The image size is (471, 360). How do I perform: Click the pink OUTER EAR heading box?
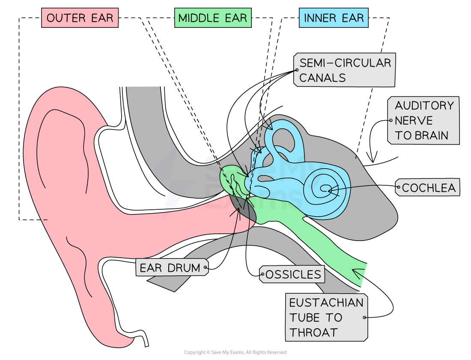pyautogui.click(x=80, y=18)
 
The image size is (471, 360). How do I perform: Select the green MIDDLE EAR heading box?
pyautogui.click(x=212, y=18)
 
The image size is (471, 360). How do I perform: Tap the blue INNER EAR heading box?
pyautogui.click(x=334, y=18)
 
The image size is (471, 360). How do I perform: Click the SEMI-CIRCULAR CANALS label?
pyautogui.click(x=344, y=70)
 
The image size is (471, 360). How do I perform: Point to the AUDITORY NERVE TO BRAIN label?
pyautogui.click(x=423, y=120)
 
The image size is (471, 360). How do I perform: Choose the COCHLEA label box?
pyautogui.click(x=428, y=187)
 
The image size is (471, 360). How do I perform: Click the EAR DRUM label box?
pyautogui.click(x=171, y=268)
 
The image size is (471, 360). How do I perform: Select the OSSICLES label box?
pyautogui.click(x=292, y=274)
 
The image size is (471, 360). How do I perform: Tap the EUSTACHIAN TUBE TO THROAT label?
pyautogui.click(x=326, y=317)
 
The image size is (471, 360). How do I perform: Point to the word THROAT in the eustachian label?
pyautogui.click(x=313, y=332)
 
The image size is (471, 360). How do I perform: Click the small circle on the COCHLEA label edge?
pyautogui.click(x=399, y=187)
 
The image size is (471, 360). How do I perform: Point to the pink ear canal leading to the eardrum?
pyautogui.click(x=180, y=223)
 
